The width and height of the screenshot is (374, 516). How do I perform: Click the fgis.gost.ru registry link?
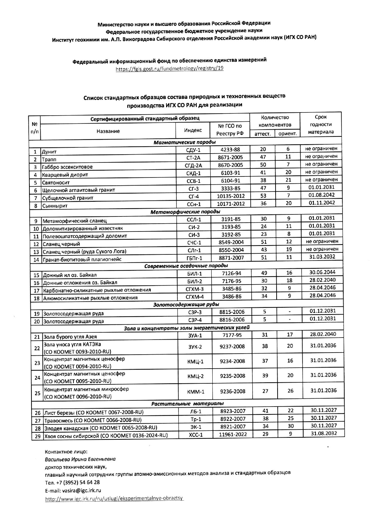click(x=170, y=68)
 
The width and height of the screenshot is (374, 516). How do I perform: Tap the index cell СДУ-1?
click(x=193, y=150)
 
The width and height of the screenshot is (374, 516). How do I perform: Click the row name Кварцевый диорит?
click(x=65, y=175)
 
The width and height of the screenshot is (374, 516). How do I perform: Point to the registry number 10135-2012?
click(x=231, y=196)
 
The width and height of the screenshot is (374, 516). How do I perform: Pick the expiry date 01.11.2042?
click(x=321, y=203)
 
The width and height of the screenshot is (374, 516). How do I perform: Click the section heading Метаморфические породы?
click(x=185, y=212)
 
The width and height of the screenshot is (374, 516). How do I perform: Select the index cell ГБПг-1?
click(x=194, y=258)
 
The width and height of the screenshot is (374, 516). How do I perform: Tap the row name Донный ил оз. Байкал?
click(x=69, y=275)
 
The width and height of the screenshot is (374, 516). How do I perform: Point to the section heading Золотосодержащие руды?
click(x=186, y=304)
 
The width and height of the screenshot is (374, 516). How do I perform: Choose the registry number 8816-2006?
click(x=232, y=320)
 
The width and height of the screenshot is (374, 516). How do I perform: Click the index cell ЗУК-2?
click(x=195, y=347)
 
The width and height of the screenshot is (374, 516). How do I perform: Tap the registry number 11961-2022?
click(x=233, y=435)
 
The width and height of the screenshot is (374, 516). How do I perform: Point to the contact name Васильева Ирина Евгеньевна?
click(x=80, y=459)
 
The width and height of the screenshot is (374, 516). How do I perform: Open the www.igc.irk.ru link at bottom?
click(x=115, y=499)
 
